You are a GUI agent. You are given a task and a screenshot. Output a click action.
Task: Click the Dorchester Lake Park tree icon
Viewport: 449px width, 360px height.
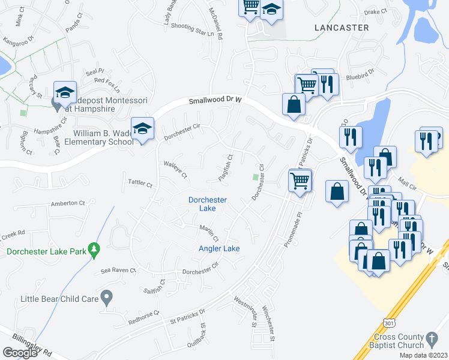[x=93, y=248]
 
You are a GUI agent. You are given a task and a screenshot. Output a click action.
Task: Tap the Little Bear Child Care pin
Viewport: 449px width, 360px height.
[x=107, y=296]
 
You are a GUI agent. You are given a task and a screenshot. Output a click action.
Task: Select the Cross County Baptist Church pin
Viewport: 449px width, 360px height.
[x=432, y=341]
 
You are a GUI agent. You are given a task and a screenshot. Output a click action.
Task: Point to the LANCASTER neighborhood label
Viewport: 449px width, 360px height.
[x=342, y=28]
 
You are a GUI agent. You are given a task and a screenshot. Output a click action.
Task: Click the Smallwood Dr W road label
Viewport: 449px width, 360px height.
[x=214, y=101]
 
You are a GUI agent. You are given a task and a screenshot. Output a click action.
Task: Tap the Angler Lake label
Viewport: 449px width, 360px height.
[x=219, y=248]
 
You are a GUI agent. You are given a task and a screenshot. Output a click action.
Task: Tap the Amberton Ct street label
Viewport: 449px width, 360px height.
[x=65, y=204]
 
